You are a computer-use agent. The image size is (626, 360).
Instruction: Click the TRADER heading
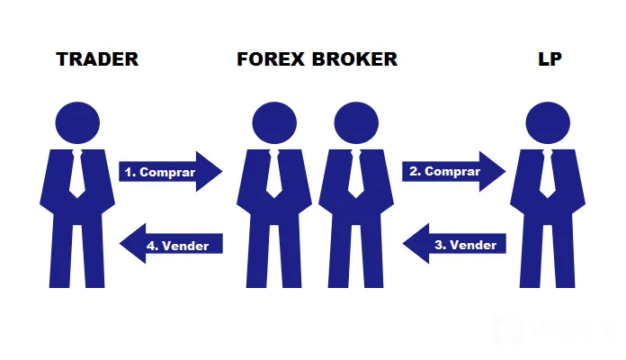[x=97, y=59]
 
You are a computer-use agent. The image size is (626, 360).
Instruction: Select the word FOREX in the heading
[x=271, y=59]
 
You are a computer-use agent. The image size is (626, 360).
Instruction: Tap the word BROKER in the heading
[x=354, y=59]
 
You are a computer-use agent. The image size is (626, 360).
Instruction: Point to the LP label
[x=550, y=59]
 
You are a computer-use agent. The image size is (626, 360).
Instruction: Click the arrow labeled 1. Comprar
[x=171, y=171]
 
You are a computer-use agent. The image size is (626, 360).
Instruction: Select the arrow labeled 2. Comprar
[x=454, y=171]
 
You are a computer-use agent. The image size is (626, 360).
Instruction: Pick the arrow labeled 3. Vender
[x=454, y=243]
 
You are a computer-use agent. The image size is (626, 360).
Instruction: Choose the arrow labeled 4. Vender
[x=171, y=243]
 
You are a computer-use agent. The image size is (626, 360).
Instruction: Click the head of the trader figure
[x=77, y=122]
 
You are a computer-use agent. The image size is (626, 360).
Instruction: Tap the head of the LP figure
[x=548, y=122]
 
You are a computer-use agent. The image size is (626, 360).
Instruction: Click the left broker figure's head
[x=274, y=122]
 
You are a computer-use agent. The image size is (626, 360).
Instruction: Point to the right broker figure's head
[x=356, y=122]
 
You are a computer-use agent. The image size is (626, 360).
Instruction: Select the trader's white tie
[x=77, y=174]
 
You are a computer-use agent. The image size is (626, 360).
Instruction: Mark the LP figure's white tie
[x=548, y=174]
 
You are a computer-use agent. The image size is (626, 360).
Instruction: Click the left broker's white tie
[x=273, y=174]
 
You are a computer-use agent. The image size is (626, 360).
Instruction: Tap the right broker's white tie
[x=355, y=174]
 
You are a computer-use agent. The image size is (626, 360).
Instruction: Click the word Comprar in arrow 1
[x=167, y=173]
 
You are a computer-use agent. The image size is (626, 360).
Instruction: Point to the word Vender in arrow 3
[x=473, y=245]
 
